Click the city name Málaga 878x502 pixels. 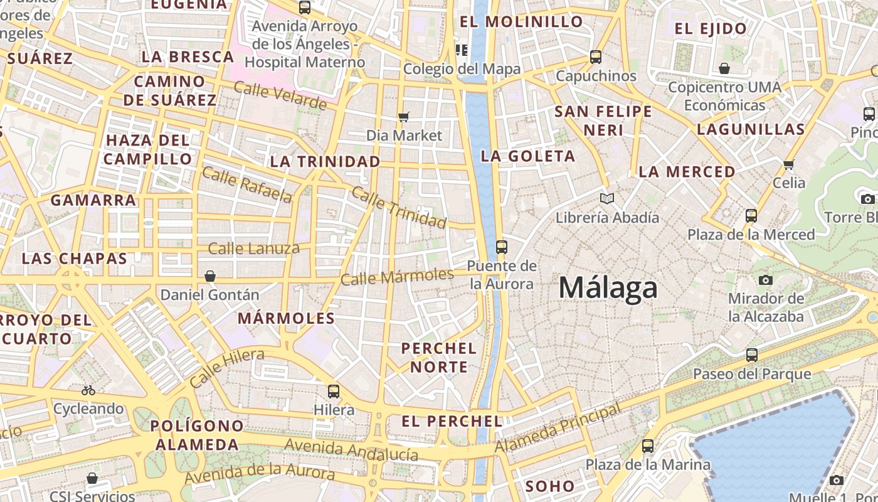click(608, 289)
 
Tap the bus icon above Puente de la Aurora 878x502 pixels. click(501, 247)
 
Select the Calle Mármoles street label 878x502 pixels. click(397, 276)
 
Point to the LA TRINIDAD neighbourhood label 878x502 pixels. click(325, 162)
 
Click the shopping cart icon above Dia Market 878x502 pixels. click(404, 117)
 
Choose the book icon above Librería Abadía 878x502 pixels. click(606, 199)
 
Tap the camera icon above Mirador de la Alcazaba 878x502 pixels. click(765, 280)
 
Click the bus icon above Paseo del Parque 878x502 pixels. click(751, 355)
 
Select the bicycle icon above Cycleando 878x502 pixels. click(88, 390)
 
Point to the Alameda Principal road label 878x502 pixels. click(558, 427)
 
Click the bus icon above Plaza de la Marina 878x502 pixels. click(648, 446)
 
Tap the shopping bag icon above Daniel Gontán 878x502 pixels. click(209, 276)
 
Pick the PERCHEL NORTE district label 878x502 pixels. click(439, 357)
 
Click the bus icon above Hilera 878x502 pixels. click(334, 392)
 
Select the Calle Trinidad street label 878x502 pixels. click(399, 207)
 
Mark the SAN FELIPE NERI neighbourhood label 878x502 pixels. click(603, 121)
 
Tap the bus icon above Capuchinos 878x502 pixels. click(596, 57)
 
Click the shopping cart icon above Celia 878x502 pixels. click(788, 164)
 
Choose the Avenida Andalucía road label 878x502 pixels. click(351, 449)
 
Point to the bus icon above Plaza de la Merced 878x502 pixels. click(751, 216)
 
